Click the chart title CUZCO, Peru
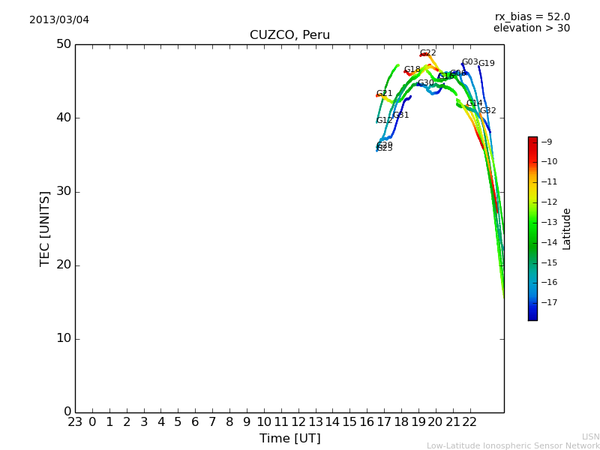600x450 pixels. [x=289, y=35]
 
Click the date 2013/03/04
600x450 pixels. [x=59, y=19]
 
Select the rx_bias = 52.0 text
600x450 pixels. [x=532, y=16]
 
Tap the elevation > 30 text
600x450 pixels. [x=532, y=28]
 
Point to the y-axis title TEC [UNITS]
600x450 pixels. [x=45, y=228]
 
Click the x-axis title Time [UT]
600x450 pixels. [x=289, y=439]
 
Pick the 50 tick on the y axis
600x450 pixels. [x=63, y=44]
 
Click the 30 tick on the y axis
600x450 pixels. [x=63, y=191]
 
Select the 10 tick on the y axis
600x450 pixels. [x=63, y=338]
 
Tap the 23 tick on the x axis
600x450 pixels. [x=75, y=422]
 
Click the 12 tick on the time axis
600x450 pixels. [x=298, y=422]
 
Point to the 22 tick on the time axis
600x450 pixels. [x=469, y=422]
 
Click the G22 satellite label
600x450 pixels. [x=427, y=53]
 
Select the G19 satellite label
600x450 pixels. [x=487, y=64]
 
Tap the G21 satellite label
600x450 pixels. [x=385, y=94]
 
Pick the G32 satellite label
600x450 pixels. [x=488, y=111]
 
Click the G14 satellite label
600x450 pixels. [x=475, y=103]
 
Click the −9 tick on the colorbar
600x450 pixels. [x=547, y=142]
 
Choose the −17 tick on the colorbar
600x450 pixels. [x=548, y=302]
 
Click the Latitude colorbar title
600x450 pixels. [x=567, y=229]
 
